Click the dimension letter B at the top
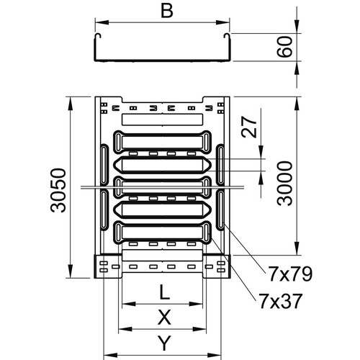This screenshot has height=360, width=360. [167, 11]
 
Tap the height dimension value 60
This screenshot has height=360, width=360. [285, 47]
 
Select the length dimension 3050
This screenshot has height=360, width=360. [58, 190]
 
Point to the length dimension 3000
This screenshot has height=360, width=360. [285, 184]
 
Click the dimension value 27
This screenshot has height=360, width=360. [249, 127]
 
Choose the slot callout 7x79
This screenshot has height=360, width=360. [290, 274]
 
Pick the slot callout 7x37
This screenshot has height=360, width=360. [280, 301]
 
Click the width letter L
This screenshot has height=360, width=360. [165, 292]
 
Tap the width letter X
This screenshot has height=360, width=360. [165, 317]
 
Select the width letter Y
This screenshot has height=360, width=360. [165, 343]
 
